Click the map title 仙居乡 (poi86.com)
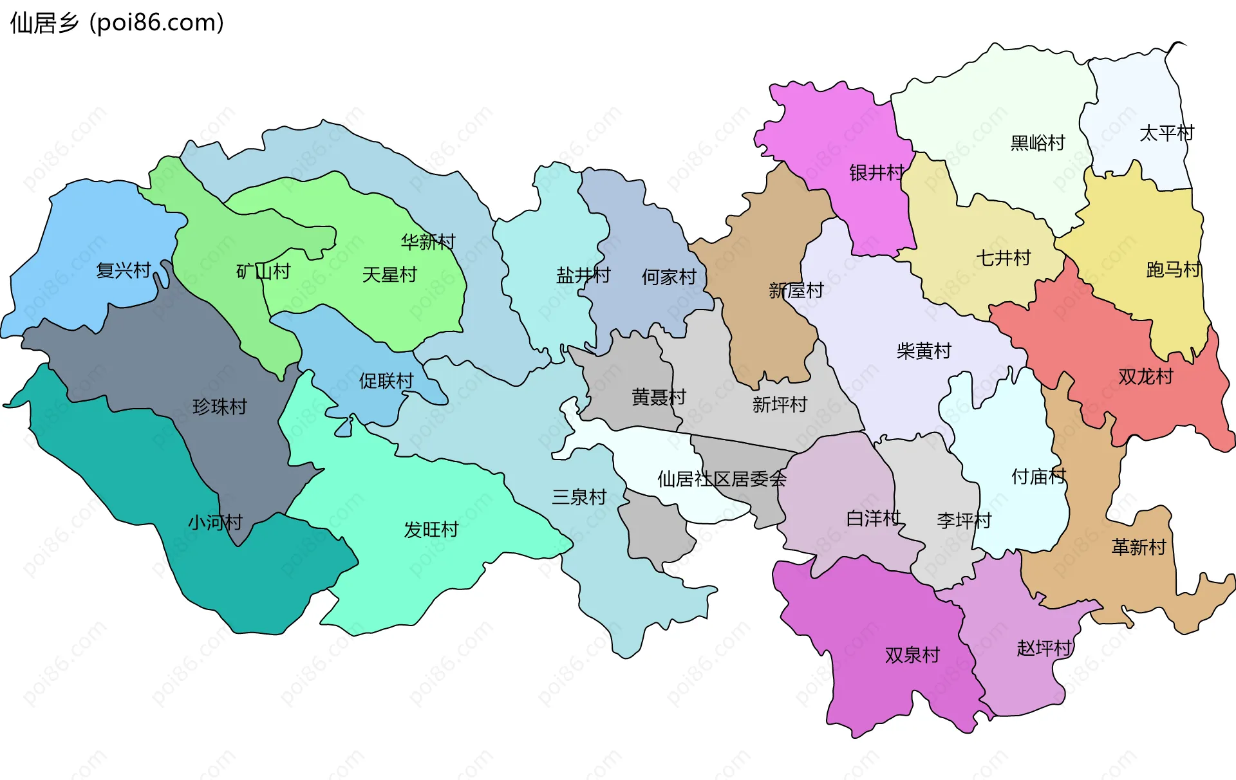[117, 23]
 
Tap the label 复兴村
[123, 270]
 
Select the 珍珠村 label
[220, 407]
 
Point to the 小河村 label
[215, 522]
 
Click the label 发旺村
[431, 530]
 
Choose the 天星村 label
[389, 275]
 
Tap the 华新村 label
[428, 242]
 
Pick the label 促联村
[386, 381]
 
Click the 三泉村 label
[579, 497]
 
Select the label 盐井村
[583, 275]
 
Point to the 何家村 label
[669, 277]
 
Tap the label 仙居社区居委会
[722, 479]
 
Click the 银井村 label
[877, 172]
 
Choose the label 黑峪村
[1038, 143]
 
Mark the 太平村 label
[1166, 133]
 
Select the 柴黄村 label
[924, 351]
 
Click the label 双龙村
[1146, 376]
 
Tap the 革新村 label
[1139, 547]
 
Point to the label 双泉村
[912, 655]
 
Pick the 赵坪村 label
[1044, 648]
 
